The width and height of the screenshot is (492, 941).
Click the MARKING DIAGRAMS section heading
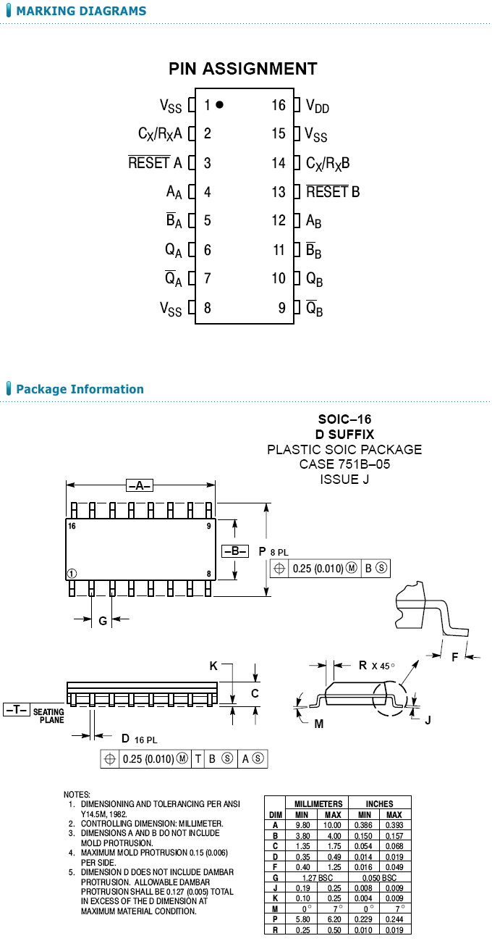80,11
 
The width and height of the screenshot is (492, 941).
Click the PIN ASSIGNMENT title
242,69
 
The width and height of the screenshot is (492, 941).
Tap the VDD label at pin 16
317,106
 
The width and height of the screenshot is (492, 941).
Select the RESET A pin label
155,163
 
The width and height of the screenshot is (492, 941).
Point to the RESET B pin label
333,192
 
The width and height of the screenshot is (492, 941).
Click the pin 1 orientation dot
220,105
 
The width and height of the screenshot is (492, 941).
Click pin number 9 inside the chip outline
282,308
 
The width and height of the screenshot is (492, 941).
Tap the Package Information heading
80,389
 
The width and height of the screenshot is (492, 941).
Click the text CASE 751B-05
344,464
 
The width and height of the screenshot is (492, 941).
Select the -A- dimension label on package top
140,485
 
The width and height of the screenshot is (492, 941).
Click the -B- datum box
235,551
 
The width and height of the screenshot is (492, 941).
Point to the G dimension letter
103,620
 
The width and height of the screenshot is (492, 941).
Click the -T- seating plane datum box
16,710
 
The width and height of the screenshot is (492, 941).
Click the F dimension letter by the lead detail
454,657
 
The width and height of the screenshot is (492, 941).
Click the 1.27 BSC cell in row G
314,877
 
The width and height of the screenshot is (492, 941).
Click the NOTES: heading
77,795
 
